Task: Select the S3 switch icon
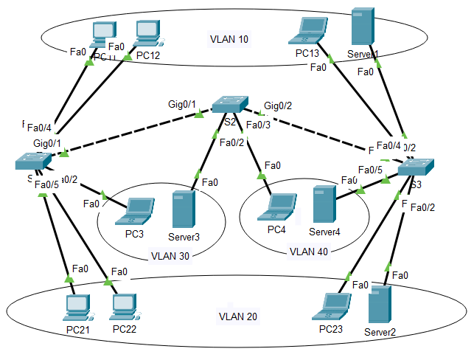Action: pos(417,168)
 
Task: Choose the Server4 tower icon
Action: pos(322,205)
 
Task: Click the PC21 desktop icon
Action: pos(76,308)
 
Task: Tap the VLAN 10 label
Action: pos(229,39)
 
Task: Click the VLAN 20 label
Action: pos(237,317)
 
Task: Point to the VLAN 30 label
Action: pos(170,256)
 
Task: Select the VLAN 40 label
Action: pos(308,251)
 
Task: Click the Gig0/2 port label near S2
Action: pos(279,105)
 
